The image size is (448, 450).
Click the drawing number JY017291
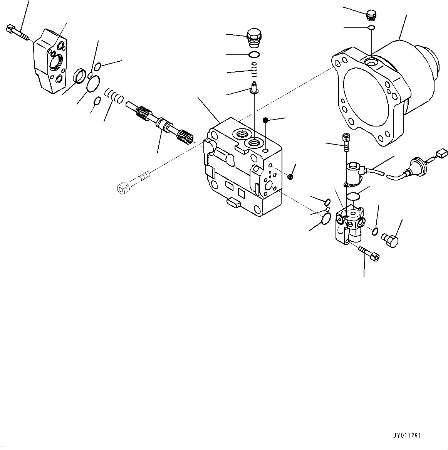coord(407,435)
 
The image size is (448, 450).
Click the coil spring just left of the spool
coord(114,96)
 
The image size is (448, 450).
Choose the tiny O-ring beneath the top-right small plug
coord(371,27)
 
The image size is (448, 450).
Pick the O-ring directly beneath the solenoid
coord(352,196)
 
